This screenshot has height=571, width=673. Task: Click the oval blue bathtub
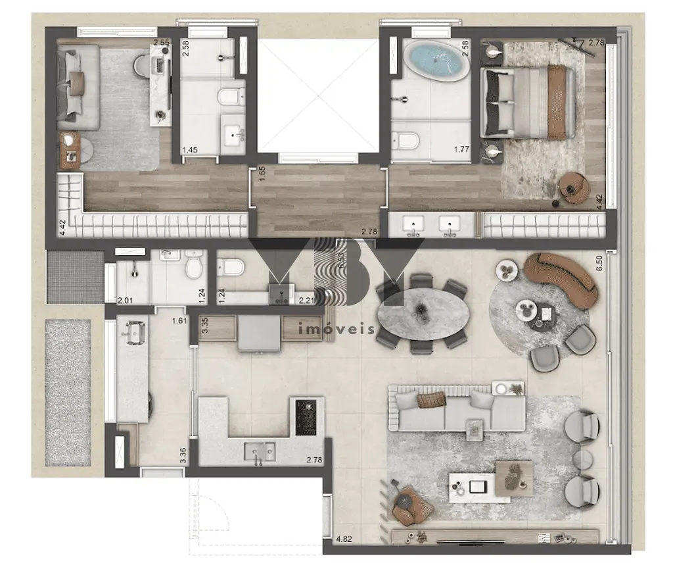437,61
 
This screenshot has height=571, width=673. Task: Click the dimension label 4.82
344,539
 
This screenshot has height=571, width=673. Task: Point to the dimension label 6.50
599,263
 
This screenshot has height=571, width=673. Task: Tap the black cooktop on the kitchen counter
306,417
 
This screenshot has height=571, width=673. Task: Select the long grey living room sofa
457,409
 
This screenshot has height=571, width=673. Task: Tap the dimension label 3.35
204,326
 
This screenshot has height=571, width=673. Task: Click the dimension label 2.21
307,301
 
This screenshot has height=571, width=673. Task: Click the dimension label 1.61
179,321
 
